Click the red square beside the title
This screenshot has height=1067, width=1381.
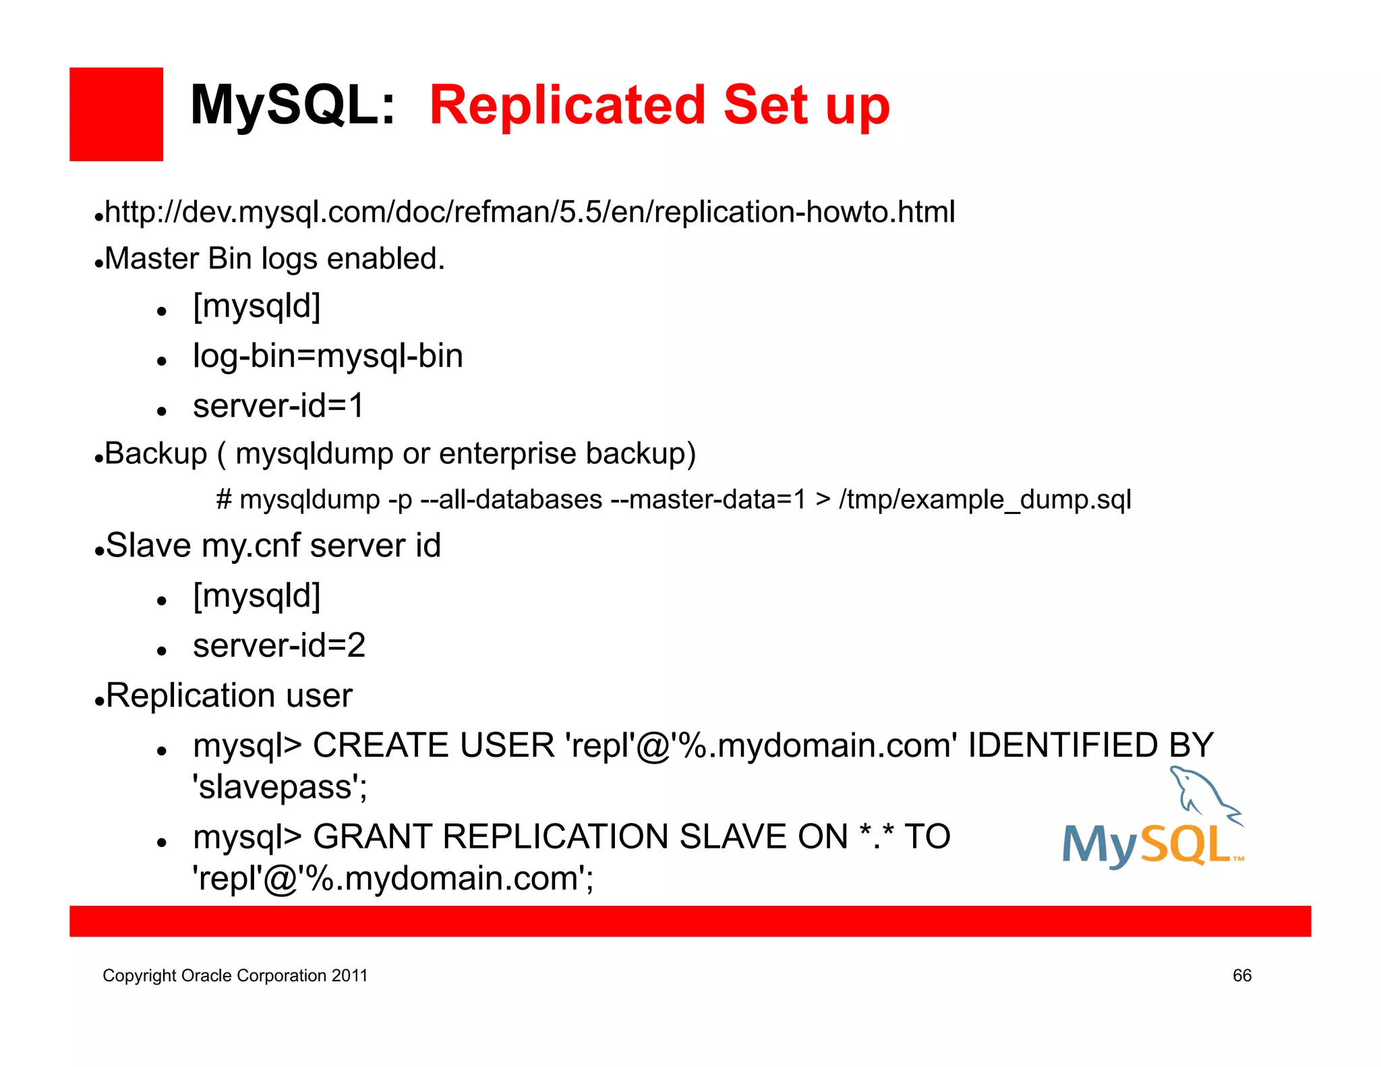pyautogui.click(x=116, y=114)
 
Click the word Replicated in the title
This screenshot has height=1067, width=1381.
pyautogui.click(x=568, y=106)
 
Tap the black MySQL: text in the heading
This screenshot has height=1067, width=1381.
pyautogui.click(x=292, y=106)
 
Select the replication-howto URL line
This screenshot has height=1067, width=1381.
pyautogui.click(x=529, y=212)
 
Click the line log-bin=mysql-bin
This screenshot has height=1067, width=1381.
pyautogui.click(x=328, y=355)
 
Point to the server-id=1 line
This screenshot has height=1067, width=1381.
pyautogui.click(x=278, y=405)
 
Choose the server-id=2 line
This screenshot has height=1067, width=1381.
pyautogui.click(x=278, y=645)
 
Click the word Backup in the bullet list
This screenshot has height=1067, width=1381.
pyautogui.click(x=156, y=453)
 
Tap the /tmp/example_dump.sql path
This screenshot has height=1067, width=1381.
pyautogui.click(x=985, y=500)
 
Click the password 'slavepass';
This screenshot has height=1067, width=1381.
pyautogui.click(x=280, y=787)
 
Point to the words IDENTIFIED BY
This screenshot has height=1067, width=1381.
pyautogui.click(x=1090, y=745)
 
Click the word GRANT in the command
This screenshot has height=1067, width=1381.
pyautogui.click(x=372, y=837)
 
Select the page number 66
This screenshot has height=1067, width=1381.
pyautogui.click(x=1241, y=975)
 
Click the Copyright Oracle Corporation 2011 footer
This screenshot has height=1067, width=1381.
pyautogui.click(x=235, y=975)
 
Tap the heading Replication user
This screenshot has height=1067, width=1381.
pyautogui.click(x=229, y=695)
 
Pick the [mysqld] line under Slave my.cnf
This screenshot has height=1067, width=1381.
pyautogui.click(x=256, y=596)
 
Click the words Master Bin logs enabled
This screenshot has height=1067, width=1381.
pyautogui.click(x=274, y=259)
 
